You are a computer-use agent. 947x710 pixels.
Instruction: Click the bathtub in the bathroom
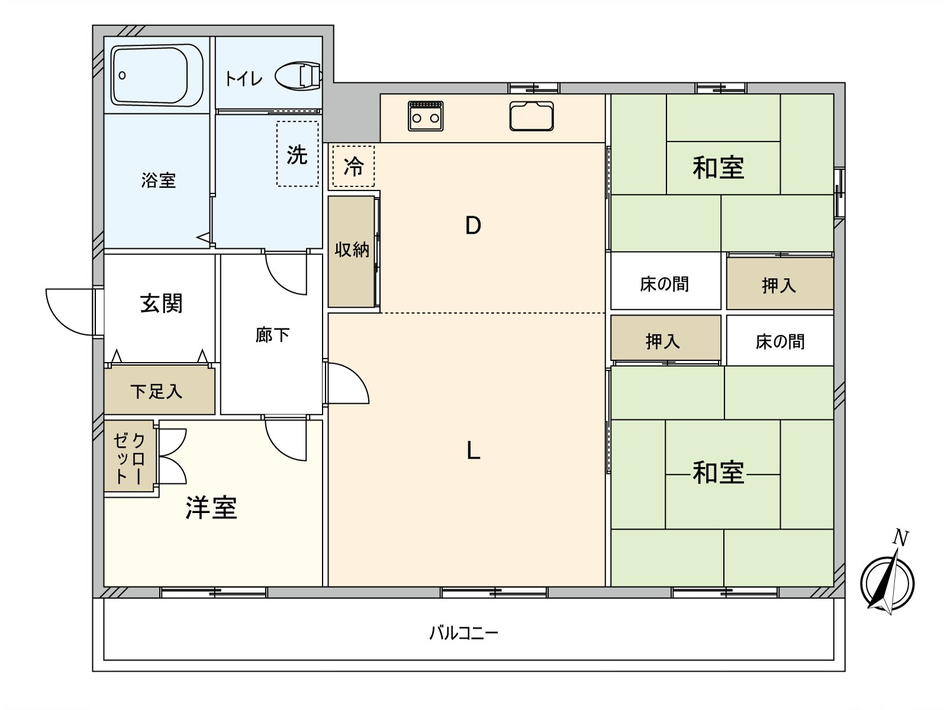[157, 75]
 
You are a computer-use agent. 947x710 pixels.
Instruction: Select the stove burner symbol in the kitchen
[426, 115]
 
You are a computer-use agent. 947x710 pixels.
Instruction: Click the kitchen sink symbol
[532, 116]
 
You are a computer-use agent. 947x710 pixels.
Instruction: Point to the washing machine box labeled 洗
[297, 154]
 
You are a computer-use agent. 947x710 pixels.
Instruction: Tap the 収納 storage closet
[352, 251]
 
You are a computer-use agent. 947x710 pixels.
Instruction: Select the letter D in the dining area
[473, 225]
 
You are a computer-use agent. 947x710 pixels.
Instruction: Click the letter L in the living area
[473, 451]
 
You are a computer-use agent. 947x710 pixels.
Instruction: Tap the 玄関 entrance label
[161, 304]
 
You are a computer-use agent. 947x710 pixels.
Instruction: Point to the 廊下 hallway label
[272, 335]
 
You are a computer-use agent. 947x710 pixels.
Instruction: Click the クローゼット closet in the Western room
[129, 457]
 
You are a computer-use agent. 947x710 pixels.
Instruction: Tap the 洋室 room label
[211, 508]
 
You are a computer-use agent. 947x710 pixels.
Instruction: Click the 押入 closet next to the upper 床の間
[779, 285]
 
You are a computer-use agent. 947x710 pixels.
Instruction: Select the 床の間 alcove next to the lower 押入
[779, 341]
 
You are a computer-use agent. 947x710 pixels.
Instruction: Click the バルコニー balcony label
[463, 634]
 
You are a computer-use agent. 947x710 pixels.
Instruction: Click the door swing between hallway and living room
[346, 383]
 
